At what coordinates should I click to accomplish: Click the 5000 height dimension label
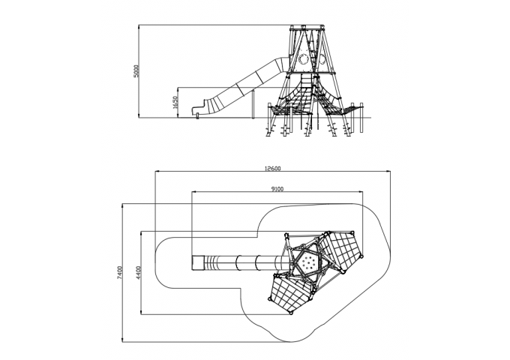[137, 71]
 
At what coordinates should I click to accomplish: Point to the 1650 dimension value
[175, 103]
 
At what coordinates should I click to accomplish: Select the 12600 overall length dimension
[272, 169]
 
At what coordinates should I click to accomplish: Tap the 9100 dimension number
[277, 189]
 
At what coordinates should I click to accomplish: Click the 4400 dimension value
[139, 273]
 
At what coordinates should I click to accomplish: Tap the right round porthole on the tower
[322, 59]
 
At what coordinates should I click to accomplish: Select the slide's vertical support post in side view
[253, 105]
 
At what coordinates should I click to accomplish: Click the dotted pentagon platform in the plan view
[305, 262]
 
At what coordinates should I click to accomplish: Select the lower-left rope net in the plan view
[289, 293]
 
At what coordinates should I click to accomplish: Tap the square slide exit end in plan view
[197, 262]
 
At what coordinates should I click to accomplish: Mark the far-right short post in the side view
[361, 118]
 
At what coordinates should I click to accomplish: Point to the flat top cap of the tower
[307, 27]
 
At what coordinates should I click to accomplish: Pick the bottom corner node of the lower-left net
[291, 313]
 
